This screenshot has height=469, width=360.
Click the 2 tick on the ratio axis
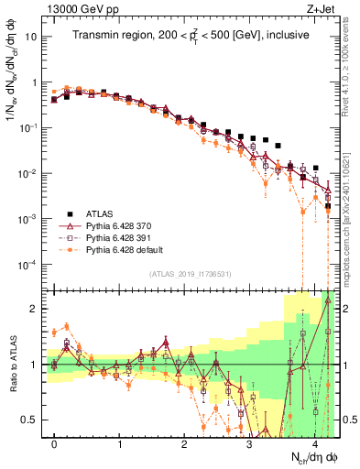pyautogui.click(x=36, y=309)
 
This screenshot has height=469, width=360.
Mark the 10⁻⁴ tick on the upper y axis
pyautogui.click(x=27, y=265)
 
